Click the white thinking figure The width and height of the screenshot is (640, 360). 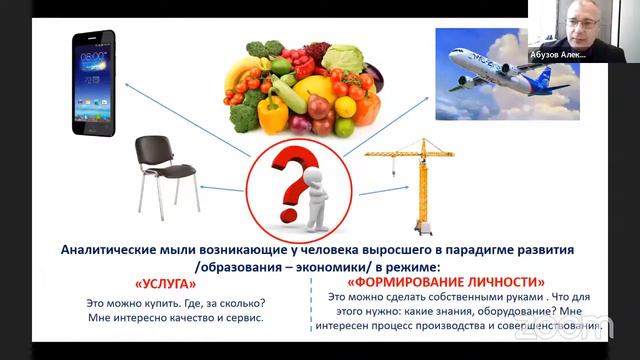pyautogui.click(x=321, y=195)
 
